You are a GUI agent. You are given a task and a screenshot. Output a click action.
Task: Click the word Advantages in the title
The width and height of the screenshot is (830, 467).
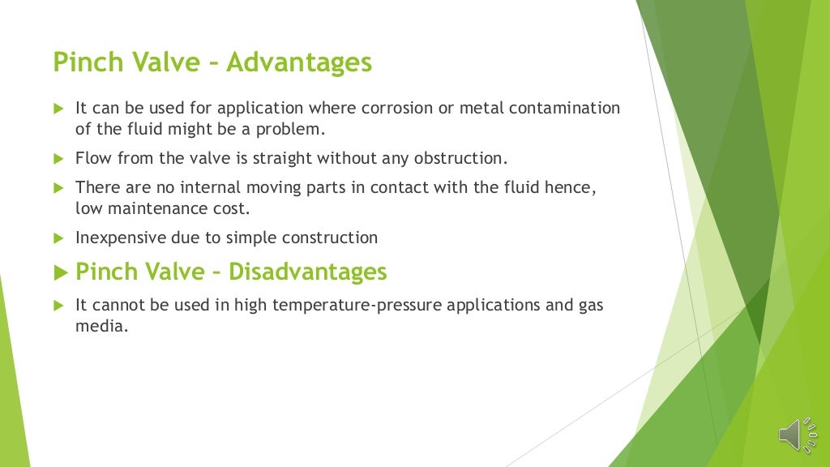[299, 62]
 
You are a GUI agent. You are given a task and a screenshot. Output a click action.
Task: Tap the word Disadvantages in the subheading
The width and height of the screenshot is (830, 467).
[308, 272]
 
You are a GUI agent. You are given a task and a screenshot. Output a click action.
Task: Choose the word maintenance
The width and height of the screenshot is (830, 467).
[159, 208]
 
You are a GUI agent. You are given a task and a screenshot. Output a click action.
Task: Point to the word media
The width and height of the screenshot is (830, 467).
[101, 326]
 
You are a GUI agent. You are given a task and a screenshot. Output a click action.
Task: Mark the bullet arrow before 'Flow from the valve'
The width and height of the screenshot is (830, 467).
[58, 158]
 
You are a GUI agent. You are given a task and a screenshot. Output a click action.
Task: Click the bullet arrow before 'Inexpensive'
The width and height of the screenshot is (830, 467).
[58, 238]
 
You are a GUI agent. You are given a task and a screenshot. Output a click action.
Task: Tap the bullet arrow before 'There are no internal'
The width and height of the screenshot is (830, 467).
[58, 188]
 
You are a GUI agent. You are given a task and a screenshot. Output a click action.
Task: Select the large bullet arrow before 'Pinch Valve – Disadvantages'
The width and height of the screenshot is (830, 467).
[59, 272]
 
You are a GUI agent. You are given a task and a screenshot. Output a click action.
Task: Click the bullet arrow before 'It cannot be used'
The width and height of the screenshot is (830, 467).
[58, 306]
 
